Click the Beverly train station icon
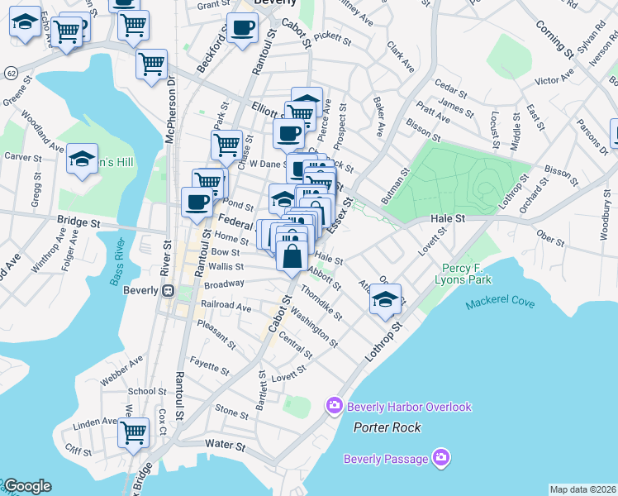[x=168, y=291]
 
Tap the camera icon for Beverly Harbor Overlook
[x=335, y=405]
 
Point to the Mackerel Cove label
[x=500, y=303]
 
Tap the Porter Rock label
[x=387, y=427]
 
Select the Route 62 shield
[x=9, y=73]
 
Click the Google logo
[x=26, y=486]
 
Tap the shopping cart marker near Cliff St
[x=133, y=432]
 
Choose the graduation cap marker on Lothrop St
[x=384, y=298]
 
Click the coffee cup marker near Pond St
[x=197, y=202]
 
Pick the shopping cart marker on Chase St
[x=226, y=145]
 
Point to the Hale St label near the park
[x=449, y=218]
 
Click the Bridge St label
[x=78, y=222]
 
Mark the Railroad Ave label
[x=226, y=306]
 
